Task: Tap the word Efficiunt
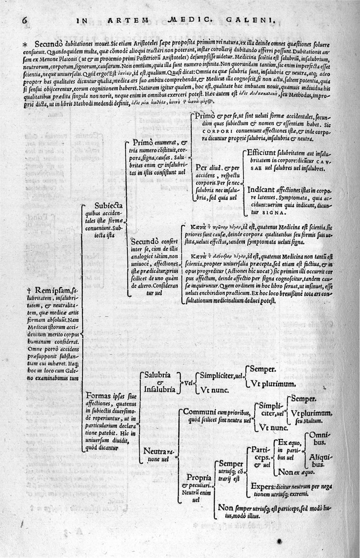tap(265, 153)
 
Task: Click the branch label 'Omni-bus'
tap(319, 439)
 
